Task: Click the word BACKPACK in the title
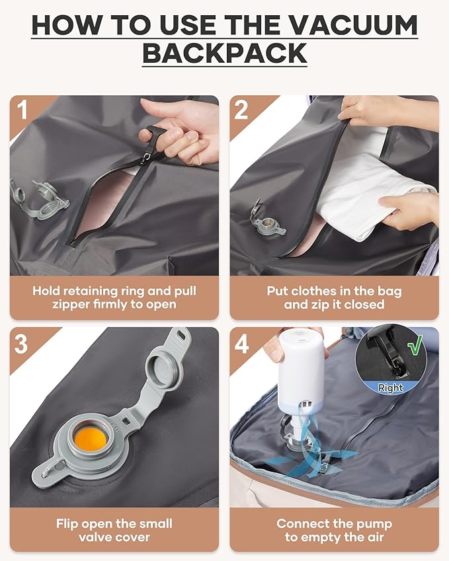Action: pos(225,53)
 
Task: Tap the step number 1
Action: pos(23,110)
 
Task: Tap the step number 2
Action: pos(241,110)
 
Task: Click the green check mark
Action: pos(415,346)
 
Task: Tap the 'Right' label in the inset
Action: pos(390,389)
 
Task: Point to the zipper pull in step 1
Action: pos(153,135)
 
